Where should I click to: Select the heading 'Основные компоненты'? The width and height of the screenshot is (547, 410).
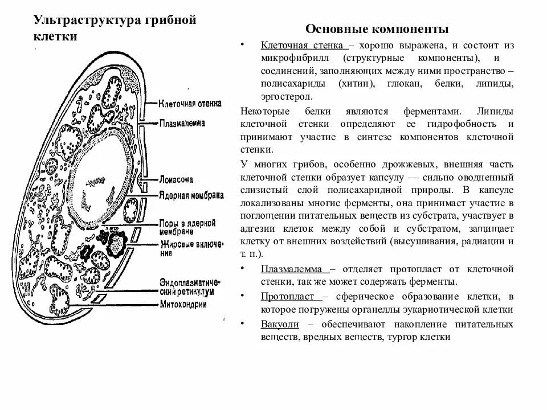pyautogui.click(x=377, y=29)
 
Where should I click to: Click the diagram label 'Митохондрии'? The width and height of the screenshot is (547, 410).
pyautogui.click(x=183, y=304)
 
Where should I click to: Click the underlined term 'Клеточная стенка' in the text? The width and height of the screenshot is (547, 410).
pyautogui.click(x=302, y=44)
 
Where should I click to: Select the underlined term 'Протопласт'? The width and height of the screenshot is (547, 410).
pyautogui.click(x=290, y=297)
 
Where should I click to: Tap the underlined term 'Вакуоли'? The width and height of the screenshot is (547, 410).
pyautogui.click(x=278, y=324)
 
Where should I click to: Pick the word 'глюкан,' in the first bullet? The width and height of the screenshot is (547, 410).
pyautogui.click(x=405, y=84)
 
